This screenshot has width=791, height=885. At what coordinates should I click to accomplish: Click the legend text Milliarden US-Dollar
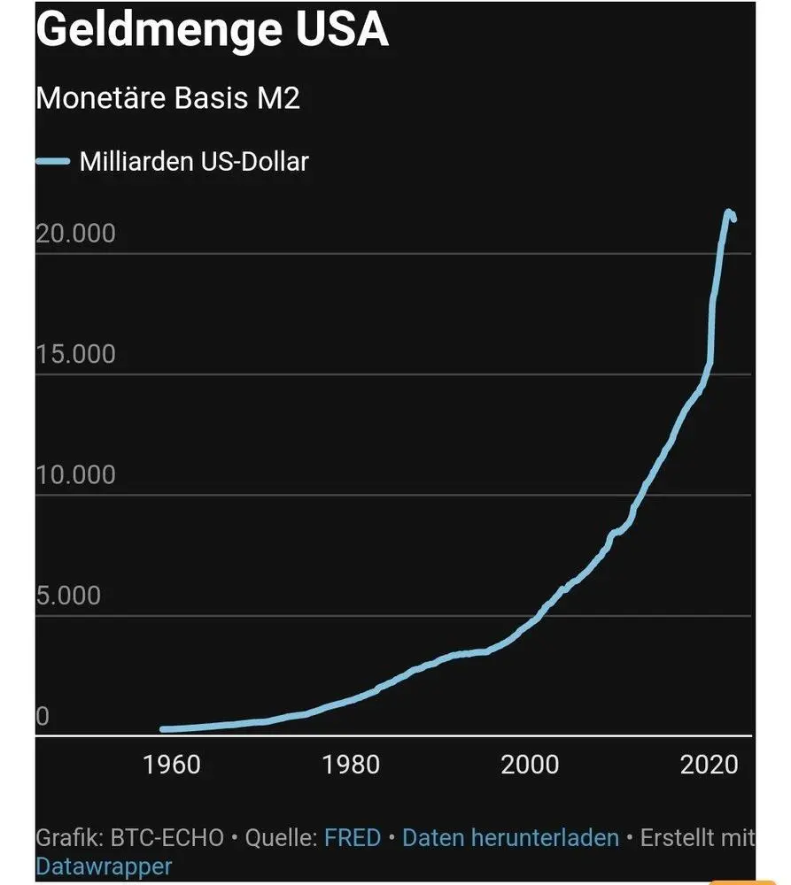(194, 162)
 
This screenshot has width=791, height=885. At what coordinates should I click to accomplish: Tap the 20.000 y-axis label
(76, 234)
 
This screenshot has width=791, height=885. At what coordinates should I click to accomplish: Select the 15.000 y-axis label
(76, 354)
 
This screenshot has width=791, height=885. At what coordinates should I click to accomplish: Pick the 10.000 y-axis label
(76, 475)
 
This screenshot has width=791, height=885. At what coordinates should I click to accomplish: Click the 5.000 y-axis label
(69, 596)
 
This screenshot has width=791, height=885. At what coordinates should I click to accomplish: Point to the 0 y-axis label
(42, 716)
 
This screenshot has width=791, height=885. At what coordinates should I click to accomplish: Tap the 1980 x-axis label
(351, 765)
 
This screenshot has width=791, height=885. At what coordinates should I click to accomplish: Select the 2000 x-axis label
(530, 765)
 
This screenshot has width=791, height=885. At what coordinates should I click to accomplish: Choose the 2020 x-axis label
(709, 765)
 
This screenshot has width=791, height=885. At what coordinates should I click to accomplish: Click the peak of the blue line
(728, 212)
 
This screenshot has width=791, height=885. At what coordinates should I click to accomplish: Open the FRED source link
(353, 837)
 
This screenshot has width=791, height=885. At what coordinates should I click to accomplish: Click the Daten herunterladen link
(510, 837)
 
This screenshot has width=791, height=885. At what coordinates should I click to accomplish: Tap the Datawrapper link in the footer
(104, 866)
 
